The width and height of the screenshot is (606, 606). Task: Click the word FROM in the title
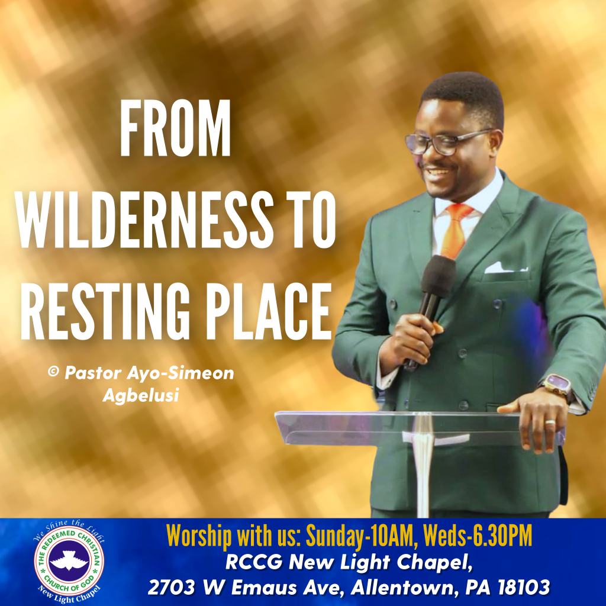point(175,128)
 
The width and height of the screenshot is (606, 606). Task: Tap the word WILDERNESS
point(145,219)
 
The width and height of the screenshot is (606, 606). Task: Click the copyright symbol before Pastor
point(53,372)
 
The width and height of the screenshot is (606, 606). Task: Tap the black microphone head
point(439,274)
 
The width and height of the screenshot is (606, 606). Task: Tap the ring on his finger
point(550,423)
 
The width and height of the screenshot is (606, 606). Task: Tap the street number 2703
point(171,588)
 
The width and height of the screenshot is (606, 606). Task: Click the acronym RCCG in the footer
point(254,562)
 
